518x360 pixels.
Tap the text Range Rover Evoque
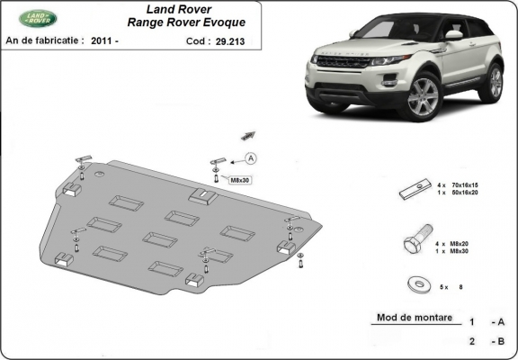point(184,25)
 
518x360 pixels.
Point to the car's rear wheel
point(494,82)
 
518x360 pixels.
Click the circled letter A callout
point(250,158)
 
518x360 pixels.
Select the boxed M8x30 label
point(239,179)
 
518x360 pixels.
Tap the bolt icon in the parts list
point(413,244)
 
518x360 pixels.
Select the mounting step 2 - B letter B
point(501,341)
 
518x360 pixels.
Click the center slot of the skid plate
point(160,238)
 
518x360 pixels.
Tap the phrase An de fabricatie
point(45,40)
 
